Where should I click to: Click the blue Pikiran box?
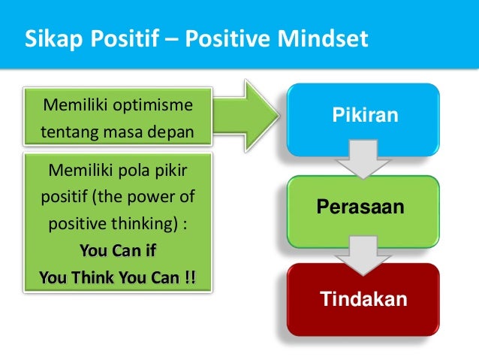(365, 116)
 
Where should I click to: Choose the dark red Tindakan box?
(364, 300)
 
